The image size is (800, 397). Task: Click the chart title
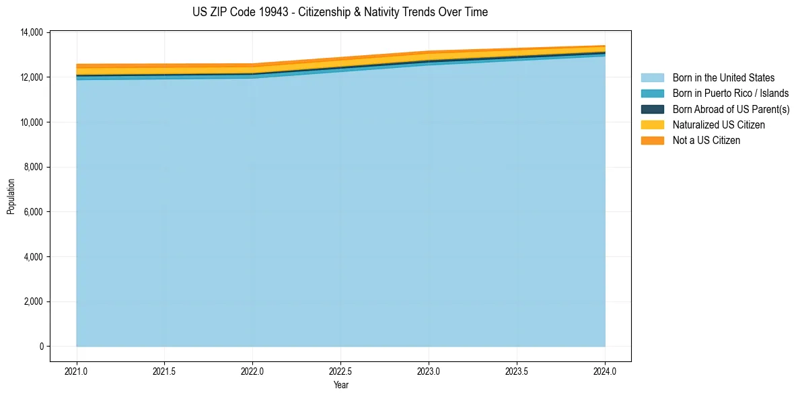point(340,12)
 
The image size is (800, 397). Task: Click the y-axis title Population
point(11,196)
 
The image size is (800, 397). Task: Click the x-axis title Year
point(340,385)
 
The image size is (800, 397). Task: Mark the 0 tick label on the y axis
point(40,347)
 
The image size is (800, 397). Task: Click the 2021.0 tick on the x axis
point(76,371)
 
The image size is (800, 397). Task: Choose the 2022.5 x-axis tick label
point(340,371)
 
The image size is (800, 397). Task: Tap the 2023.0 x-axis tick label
point(429,371)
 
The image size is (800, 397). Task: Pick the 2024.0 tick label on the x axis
point(605,371)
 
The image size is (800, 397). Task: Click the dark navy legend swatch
point(652,109)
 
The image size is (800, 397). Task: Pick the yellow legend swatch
point(652,125)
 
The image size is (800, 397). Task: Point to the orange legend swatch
point(652,141)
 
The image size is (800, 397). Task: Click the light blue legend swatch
point(652,78)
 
